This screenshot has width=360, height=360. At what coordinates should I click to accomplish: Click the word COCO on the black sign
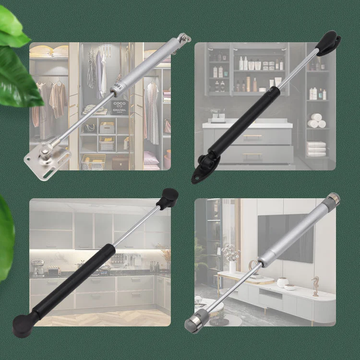coord(120,103)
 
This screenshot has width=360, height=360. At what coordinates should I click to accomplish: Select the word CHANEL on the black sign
coord(120,111)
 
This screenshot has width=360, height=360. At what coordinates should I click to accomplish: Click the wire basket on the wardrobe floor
coord(94,162)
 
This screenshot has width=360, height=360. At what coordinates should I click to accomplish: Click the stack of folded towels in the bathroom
coord(316,149)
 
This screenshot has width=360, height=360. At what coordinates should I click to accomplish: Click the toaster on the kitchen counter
coord(52,271)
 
